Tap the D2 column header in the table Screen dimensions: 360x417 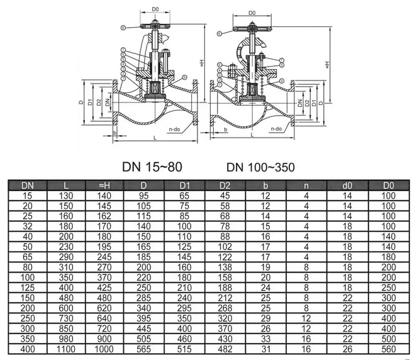(x=226, y=185)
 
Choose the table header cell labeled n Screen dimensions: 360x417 (x=307, y=185)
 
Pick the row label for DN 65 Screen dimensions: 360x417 (x=28, y=257)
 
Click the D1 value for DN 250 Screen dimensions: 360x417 (x=184, y=319)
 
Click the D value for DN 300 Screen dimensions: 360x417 (x=144, y=327)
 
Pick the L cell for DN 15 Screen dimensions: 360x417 (x=66, y=196)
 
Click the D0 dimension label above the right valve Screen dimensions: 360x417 (x=252, y=13)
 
